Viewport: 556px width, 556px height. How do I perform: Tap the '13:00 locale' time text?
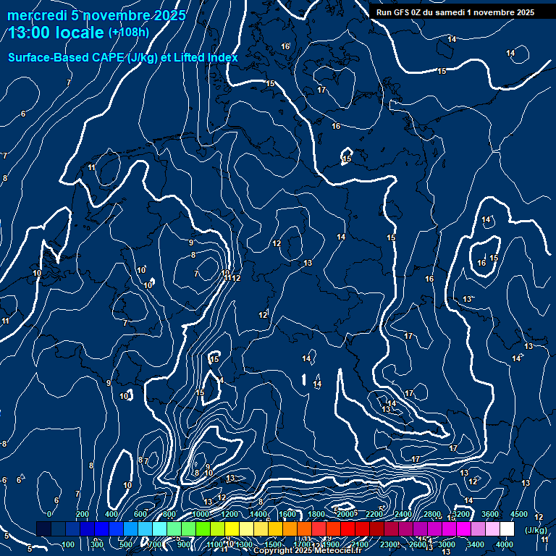pos(56,33)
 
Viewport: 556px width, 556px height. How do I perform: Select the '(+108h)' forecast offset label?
pos(129,33)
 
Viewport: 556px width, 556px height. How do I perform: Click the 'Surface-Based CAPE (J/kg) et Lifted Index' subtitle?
pos(123,57)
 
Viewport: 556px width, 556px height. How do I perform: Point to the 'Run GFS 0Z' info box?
pos(455,12)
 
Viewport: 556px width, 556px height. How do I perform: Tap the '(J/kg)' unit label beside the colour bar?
pos(536,530)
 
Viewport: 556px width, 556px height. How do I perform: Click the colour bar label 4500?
pos(519,514)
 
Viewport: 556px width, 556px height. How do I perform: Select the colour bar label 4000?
pos(505,544)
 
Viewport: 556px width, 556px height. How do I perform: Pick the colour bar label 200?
pos(82,514)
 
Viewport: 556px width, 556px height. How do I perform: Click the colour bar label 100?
pos(68,544)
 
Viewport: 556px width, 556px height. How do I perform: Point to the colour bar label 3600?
pos(490,514)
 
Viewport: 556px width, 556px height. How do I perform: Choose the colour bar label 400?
pos(111,514)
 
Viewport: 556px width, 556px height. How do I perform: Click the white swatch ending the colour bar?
pos(507,529)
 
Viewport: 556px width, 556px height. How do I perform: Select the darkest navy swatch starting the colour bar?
pos(43,529)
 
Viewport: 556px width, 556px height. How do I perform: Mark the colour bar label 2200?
pos(374,514)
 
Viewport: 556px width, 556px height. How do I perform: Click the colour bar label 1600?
pos(287,514)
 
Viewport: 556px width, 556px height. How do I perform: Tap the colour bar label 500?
pos(126,544)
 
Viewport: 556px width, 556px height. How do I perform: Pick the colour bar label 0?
pos(49,514)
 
